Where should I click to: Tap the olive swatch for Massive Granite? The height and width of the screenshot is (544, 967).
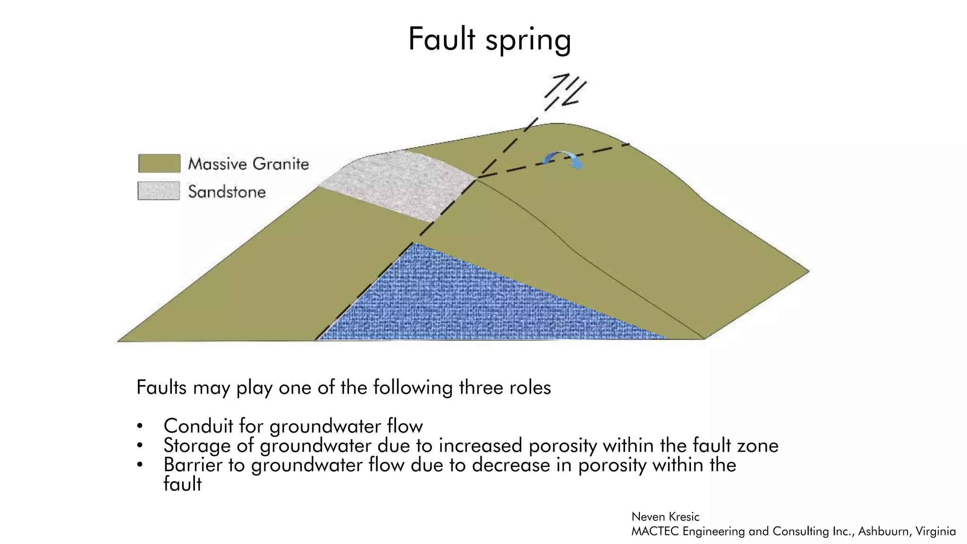click(159, 163)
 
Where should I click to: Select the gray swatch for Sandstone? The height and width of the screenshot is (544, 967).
click(159, 191)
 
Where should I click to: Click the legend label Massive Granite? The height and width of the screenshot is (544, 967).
click(248, 164)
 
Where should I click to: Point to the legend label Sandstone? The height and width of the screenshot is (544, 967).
click(227, 192)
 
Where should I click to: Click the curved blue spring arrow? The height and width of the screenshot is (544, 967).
click(563, 160)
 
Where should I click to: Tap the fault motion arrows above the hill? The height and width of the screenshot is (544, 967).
click(566, 89)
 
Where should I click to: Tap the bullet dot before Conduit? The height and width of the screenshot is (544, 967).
click(140, 426)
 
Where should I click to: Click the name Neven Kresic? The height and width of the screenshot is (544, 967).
click(665, 517)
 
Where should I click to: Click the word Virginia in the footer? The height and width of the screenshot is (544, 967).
click(935, 531)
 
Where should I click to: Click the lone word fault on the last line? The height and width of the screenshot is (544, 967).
click(182, 484)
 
